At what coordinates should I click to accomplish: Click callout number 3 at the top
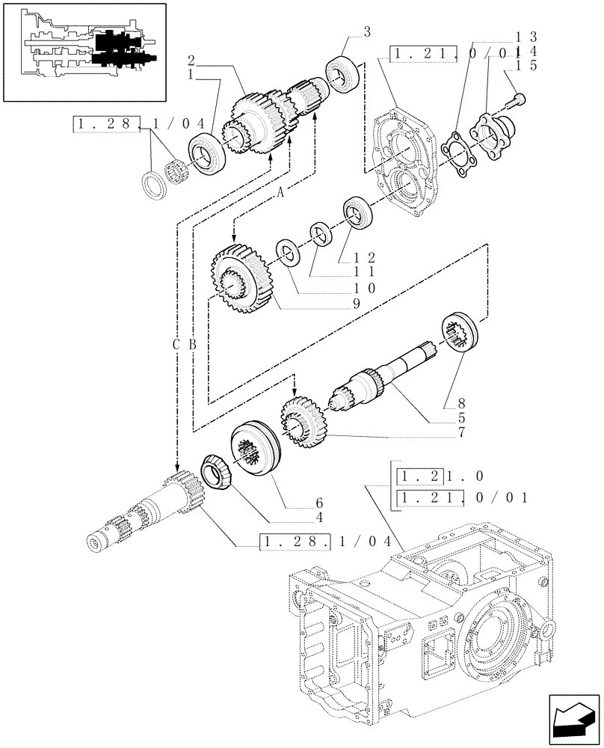click(x=367, y=31)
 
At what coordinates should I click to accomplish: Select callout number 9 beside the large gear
click(x=357, y=304)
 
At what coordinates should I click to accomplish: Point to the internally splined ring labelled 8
click(x=462, y=330)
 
